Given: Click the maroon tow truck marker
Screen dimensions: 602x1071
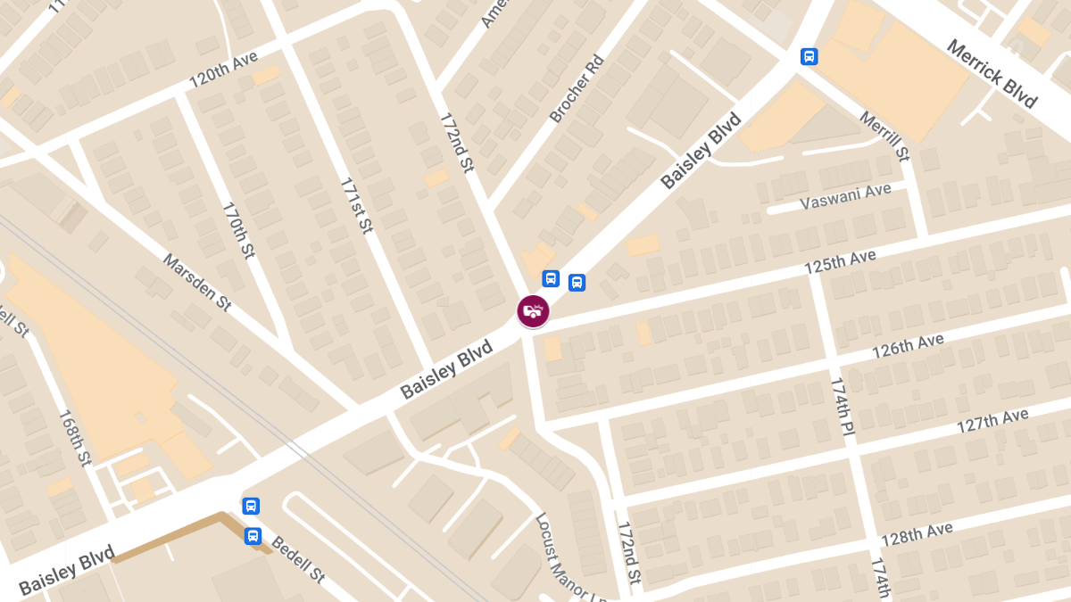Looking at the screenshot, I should [x=533, y=311].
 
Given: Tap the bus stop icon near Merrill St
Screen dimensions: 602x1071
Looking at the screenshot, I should [x=809, y=56].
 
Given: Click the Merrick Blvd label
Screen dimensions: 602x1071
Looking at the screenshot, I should [x=992, y=73].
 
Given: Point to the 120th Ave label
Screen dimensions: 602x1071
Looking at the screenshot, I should [x=223, y=70].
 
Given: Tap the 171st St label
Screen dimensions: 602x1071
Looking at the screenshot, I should [x=355, y=206].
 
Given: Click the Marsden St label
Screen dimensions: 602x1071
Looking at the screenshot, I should [x=197, y=282].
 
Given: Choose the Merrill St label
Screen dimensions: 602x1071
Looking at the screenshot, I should [x=884, y=136].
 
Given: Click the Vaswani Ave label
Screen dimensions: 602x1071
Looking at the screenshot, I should [x=846, y=196].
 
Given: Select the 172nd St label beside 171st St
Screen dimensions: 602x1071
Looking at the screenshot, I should [x=455, y=142].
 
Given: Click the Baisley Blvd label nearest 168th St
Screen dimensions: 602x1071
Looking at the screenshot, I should [x=67, y=570].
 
